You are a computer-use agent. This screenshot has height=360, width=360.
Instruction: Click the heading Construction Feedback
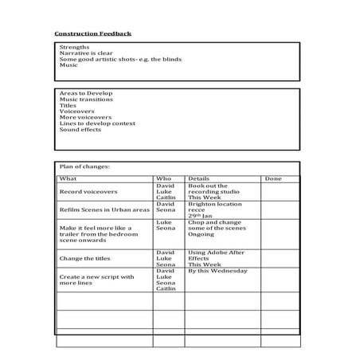[x=92, y=33]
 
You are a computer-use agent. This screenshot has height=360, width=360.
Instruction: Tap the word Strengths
[x=74, y=47]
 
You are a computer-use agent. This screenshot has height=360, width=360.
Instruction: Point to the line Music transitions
[x=86, y=100]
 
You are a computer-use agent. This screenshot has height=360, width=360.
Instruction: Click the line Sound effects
[x=80, y=130]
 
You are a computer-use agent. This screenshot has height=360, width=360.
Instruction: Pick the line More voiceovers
[x=85, y=117]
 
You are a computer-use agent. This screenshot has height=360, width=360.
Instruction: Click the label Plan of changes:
[x=84, y=166]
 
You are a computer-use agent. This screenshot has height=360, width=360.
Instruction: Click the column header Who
[x=163, y=179]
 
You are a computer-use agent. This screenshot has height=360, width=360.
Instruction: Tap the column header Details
[x=198, y=179]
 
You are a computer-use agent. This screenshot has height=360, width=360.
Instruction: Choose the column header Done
[x=273, y=179]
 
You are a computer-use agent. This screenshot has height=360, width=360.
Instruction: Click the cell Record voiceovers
[x=88, y=192]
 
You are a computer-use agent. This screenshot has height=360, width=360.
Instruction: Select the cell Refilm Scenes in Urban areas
[x=104, y=209]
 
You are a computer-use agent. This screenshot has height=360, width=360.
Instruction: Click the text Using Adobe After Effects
[x=216, y=255]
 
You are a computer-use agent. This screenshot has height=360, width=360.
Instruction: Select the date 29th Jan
[x=201, y=216]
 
